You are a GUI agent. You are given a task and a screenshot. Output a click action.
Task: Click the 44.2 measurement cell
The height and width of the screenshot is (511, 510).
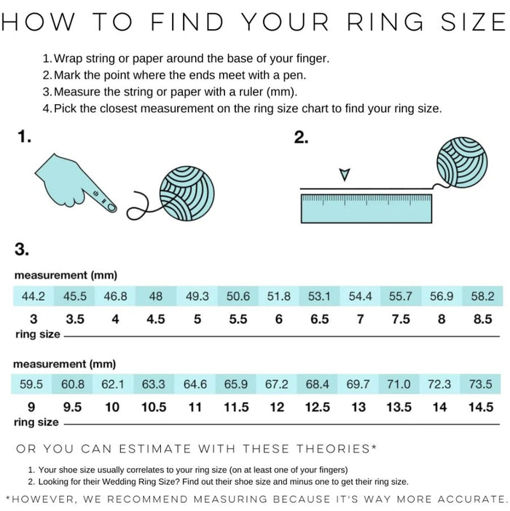coord(34,296)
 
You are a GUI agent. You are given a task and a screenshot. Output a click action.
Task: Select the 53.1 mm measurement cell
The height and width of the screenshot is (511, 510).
coord(319,296)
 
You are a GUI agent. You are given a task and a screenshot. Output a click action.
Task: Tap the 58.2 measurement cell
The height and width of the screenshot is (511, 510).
coord(482,296)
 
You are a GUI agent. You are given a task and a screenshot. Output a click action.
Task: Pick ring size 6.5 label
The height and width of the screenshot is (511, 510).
coord(320,319)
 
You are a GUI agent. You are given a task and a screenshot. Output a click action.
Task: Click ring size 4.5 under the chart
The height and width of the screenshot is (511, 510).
coord(155,319)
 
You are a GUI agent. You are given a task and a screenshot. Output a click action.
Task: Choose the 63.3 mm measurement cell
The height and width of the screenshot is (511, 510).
coord(154,384)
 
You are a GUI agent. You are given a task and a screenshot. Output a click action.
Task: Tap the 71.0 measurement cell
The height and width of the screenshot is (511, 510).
coord(399,384)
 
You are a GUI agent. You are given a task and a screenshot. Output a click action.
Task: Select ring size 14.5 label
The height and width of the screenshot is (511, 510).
coord(481,407)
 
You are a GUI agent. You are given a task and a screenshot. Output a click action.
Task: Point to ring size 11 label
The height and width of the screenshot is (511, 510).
coord(195,407)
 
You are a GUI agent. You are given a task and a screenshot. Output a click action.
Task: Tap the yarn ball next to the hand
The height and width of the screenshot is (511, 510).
coord(187,194)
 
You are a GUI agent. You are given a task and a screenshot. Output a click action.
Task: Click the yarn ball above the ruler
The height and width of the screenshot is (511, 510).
coord(462,162)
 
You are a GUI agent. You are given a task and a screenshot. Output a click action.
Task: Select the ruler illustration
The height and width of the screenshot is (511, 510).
coord(366,209)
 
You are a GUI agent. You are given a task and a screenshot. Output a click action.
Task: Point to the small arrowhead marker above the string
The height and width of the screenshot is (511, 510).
coord(345,175)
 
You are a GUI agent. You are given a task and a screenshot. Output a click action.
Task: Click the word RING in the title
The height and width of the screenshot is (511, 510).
coord(385,22)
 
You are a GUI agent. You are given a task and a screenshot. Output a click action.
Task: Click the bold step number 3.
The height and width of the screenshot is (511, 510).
coord(22,249)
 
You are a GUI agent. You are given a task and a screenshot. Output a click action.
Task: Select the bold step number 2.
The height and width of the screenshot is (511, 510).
coord(301,137)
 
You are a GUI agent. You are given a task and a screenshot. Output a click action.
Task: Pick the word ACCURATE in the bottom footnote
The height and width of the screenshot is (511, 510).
coord(472,499)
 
